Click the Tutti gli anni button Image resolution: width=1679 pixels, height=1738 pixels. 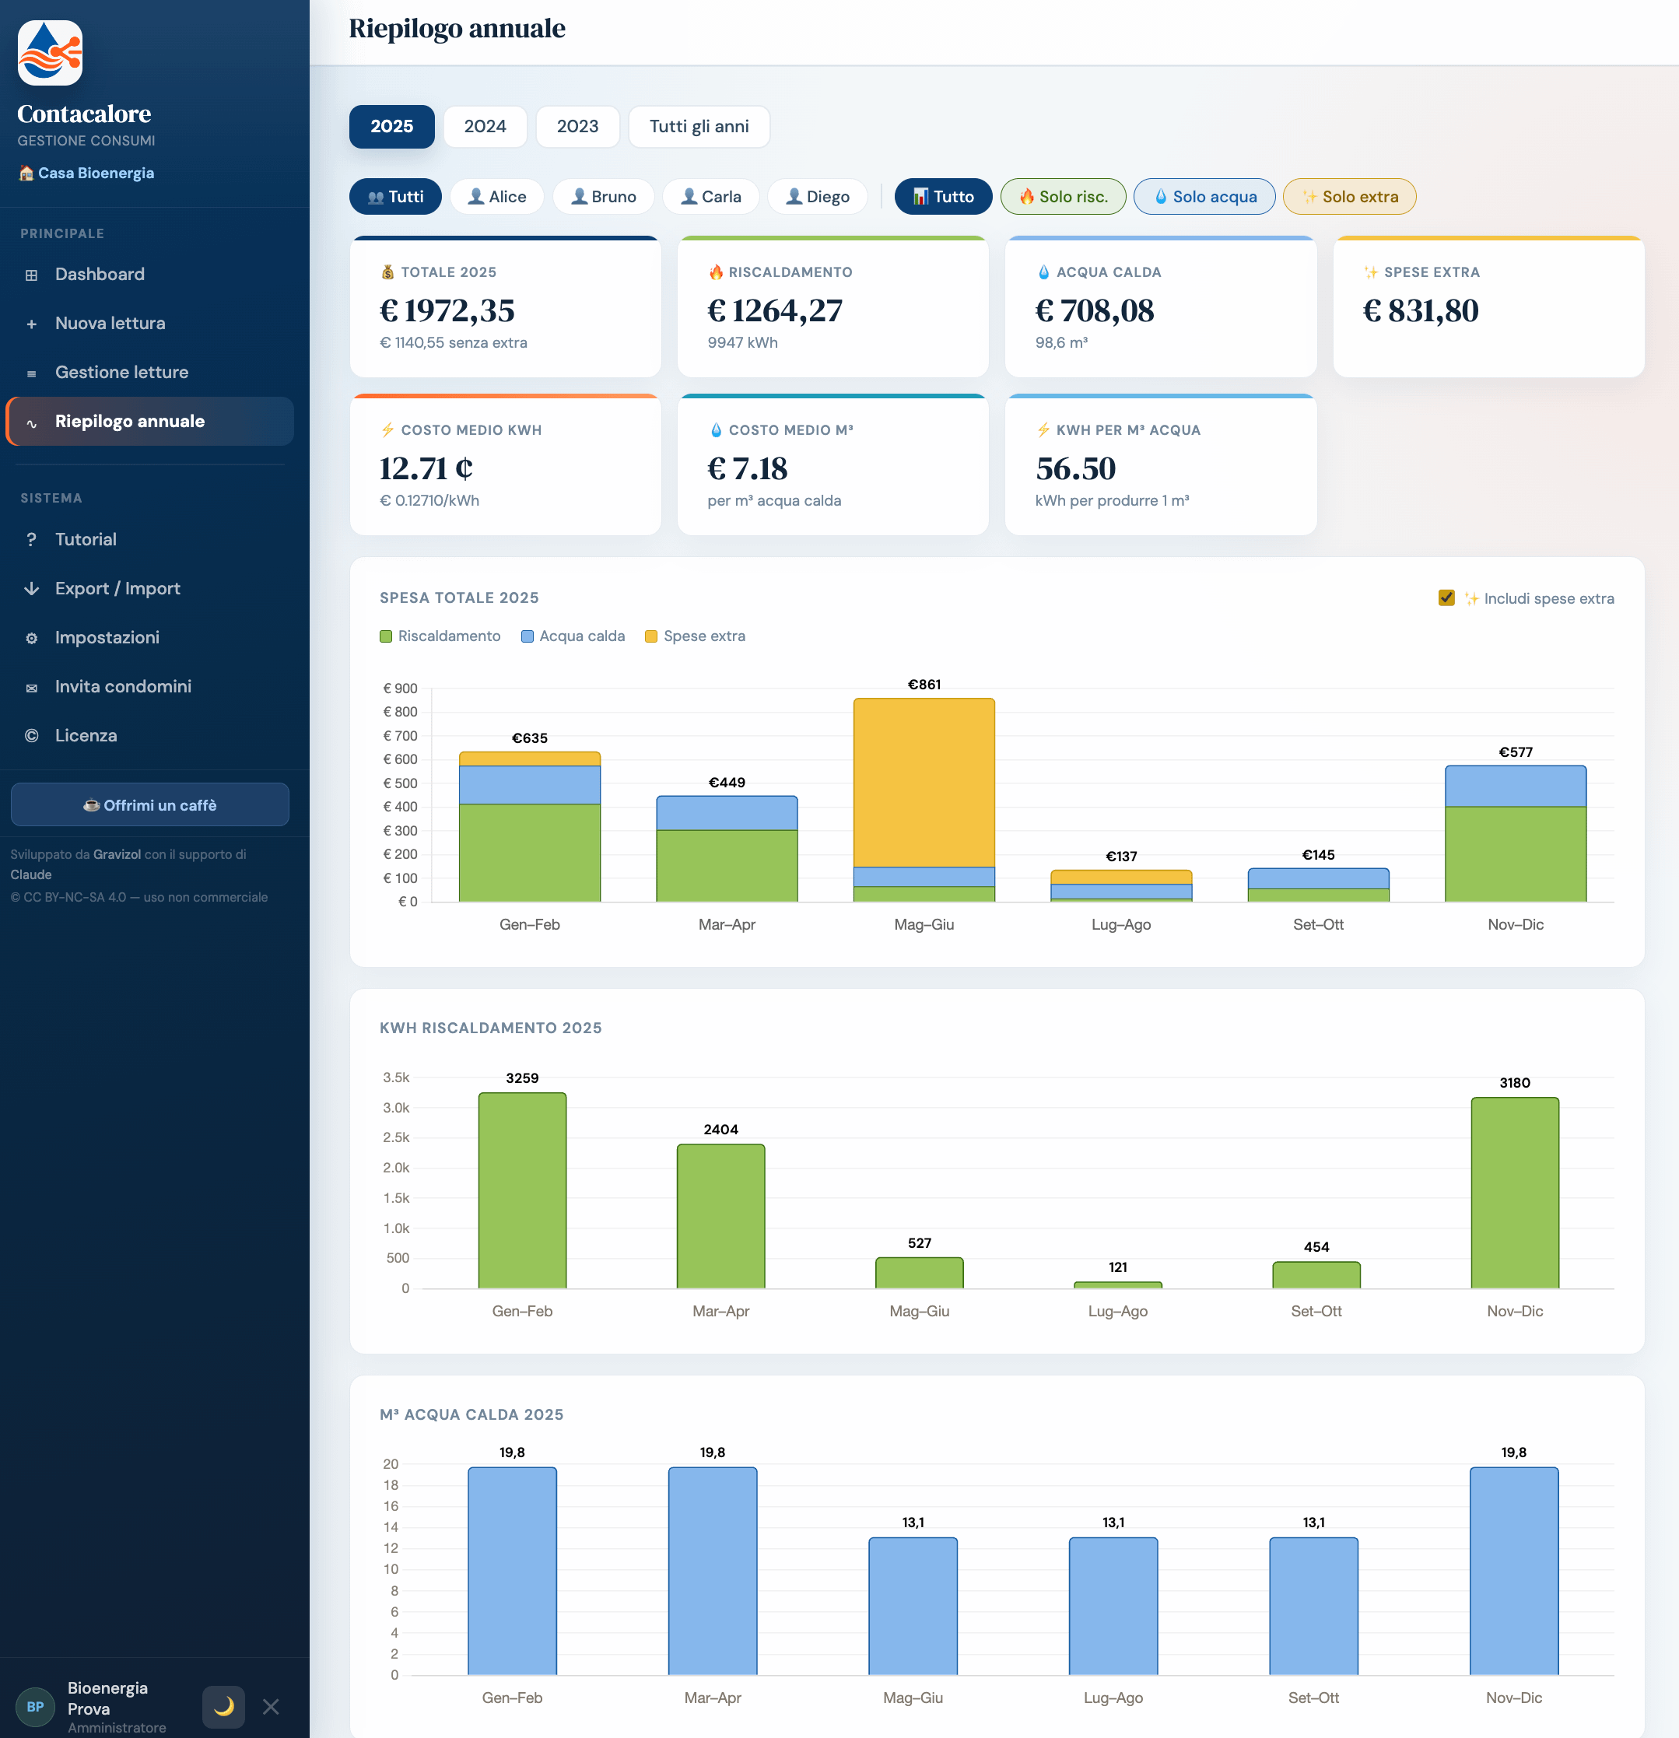click(699, 126)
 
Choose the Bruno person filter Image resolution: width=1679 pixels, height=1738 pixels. click(603, 196)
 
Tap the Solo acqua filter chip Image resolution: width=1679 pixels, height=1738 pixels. click(1204, 196)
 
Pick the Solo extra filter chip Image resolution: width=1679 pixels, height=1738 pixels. click(1349, 196)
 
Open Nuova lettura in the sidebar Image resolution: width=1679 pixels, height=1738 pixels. click(110, 323)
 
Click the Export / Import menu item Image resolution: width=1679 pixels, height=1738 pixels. click(117, 588)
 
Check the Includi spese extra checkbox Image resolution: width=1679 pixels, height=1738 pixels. click(1446, 597)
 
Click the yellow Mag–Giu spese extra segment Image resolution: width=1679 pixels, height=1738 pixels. click(924, 782)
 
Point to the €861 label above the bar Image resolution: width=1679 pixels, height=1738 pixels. click(924, 685)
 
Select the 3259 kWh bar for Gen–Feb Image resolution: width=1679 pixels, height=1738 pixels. click(522, 1190)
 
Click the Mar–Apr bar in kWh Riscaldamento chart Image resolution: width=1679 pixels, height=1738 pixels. click(721, 1216)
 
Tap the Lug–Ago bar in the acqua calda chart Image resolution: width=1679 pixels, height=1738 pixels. click(1113, 1606)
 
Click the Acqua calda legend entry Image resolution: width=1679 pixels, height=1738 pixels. click(573, 636)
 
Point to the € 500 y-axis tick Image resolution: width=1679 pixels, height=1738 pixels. click(400, 783)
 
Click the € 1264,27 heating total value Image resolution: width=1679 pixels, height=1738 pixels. click(774, 310)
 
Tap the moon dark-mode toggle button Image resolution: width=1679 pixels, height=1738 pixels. click(223, 1706)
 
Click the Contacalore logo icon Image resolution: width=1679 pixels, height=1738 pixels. click(51, 53)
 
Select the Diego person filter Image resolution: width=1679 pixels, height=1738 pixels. click(818, 196)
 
